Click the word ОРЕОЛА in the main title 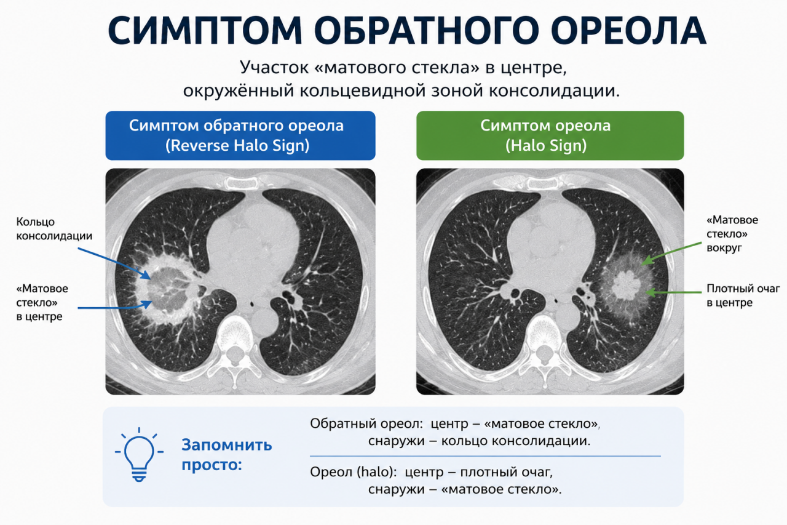[628, 31]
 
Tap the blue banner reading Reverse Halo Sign [240, 136]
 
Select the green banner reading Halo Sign [550, 136]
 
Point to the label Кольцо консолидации [54, 228]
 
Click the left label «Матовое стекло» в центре [42, 302]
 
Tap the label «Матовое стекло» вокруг [732, 234]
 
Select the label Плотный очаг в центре [743, 295]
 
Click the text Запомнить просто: [227, 455]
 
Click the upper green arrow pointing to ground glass [671, 253]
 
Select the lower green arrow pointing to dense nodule [673, 292]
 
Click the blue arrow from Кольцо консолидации [114, 263]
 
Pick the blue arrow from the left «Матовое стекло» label [115, 306]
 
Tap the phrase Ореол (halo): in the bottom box [353, 472]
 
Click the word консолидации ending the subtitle [554, 91]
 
